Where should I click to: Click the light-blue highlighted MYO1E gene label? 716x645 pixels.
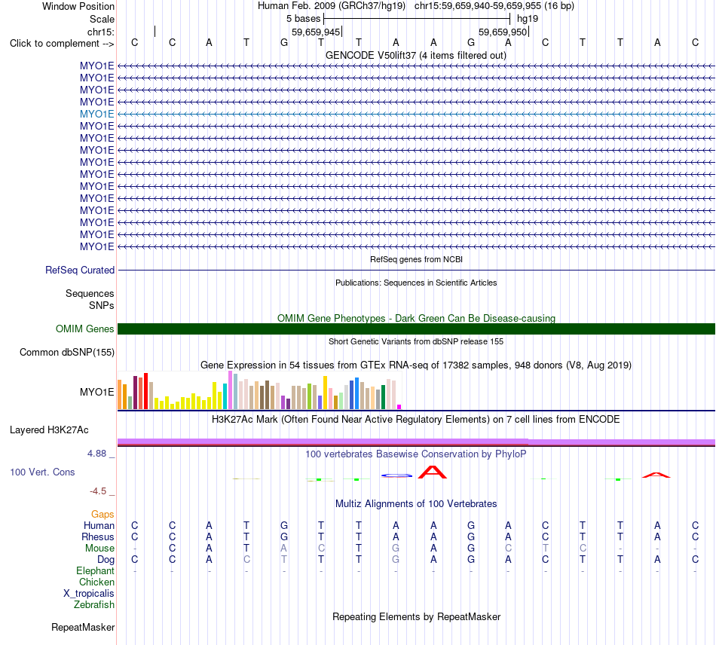(x=96, y=114)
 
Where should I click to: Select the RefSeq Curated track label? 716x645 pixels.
(x=80, y=271)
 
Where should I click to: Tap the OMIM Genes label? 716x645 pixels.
(x=85, y=329)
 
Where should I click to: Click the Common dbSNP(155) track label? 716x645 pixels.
(x=67, y=353)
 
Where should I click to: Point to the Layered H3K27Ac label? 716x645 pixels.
(x=49, y=430)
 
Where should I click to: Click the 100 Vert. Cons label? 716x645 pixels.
(x=42, y=472)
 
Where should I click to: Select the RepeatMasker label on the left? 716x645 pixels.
(x=83, y=627)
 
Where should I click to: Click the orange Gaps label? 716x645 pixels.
(x=103, y=515)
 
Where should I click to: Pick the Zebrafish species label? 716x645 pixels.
(x=94, y=605)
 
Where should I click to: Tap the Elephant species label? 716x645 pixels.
(x=95, y=571)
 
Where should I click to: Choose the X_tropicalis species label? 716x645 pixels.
(x=89, y=594)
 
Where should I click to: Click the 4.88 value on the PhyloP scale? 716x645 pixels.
(x=96, y=454)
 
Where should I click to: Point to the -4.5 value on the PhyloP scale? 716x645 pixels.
(x=98, y=491)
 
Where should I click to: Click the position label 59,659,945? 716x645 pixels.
(x=316, y=32)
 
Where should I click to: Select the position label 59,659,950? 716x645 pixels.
(x=503, y=32)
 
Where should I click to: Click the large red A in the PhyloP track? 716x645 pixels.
(x=433, y=472)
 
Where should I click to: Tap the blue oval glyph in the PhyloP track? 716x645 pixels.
(x=396, y=475)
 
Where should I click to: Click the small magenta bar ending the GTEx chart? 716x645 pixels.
(x=399, y=407)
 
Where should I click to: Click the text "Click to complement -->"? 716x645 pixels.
(x=62, y=44)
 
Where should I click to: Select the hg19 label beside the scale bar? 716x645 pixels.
(x=528, y=19)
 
